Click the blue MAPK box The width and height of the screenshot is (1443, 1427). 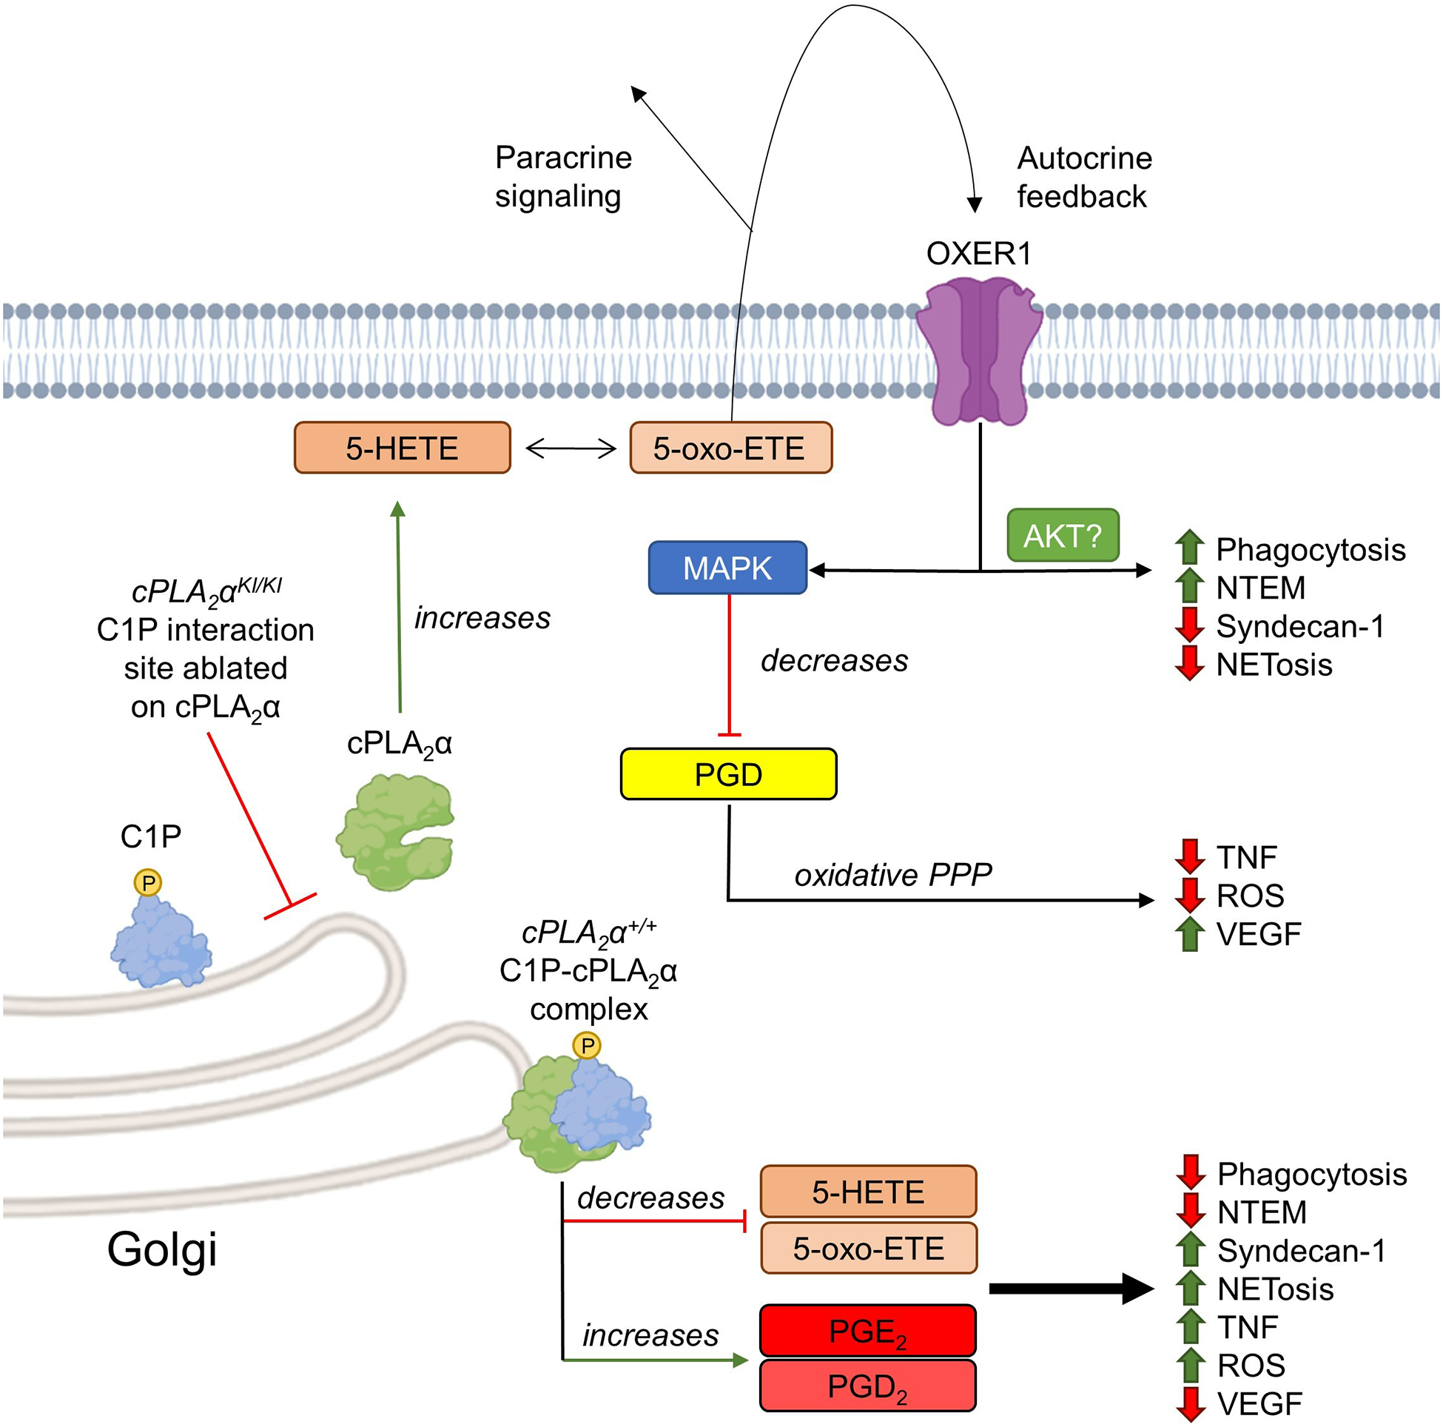[727, 568]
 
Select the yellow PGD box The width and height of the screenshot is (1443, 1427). [728, 774]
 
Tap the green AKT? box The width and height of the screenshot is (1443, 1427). [1062, 535]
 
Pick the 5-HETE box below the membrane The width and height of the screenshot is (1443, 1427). [402, 448]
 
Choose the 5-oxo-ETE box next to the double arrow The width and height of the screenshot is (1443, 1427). [730, 448]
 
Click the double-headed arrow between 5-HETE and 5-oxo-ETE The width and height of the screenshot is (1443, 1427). [571, 449]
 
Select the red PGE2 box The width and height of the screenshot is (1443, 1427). [867, 1330]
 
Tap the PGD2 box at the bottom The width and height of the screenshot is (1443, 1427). [867, 1385]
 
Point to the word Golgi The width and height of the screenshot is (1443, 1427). [162, 1249]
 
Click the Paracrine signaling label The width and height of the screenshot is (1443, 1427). [562, 177]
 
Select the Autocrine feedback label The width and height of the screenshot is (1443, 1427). [1084, 177]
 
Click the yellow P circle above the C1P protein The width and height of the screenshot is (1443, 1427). [148, 882]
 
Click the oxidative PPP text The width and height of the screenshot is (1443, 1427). [892, 875]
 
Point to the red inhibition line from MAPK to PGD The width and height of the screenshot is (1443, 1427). [729, 665]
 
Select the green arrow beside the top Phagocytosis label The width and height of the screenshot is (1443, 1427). [1189, 547]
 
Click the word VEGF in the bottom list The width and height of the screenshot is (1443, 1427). [1259, 1404]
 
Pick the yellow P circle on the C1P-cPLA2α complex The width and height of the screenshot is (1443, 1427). [587, 1045]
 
